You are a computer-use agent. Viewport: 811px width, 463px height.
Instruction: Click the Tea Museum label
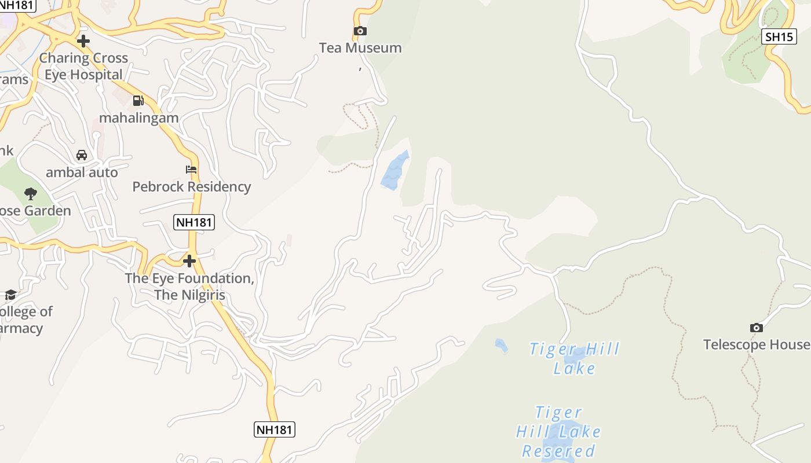click(x=360, y=48)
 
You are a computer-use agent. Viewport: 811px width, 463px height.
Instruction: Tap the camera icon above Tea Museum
click(x=360, y=31)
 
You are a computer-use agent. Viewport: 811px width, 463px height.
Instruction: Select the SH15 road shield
click(x=779, y=36)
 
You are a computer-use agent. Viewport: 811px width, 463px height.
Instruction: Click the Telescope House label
click(x=757, y=345)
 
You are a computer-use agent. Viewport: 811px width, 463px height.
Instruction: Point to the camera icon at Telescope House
click(x=756, y=328)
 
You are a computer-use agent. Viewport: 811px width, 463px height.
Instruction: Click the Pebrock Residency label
click(x=191, y=187)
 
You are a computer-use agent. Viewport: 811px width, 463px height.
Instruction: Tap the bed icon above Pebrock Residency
click(x=191, y=170)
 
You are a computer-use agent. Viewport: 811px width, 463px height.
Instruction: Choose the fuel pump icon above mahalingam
click(x=138, y=101)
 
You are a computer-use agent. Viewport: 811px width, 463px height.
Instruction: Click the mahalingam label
click(x=138, y=118)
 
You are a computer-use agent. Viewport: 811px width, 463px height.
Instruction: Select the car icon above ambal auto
click(x=82, y=155)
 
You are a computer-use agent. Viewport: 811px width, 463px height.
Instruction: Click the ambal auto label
click(x=82, y=172)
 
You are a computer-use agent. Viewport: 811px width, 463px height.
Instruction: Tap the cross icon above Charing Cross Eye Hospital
click(x=83, y=41)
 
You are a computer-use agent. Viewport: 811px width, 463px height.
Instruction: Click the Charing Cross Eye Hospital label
click(x=83, y=67)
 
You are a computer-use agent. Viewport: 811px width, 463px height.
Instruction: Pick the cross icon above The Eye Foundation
click(x=189, y=261)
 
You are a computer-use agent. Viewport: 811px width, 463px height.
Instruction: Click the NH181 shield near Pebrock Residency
click(x=194, y=222)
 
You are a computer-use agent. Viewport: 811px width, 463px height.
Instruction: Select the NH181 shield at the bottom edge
click(x=275, y=429)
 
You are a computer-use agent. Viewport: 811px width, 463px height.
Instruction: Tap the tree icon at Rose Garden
click(x=31, y=193)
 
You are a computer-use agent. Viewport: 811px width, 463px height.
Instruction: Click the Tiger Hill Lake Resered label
click(x=558, y=432)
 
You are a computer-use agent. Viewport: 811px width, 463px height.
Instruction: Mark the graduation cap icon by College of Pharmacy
click(x=10, y=295)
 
